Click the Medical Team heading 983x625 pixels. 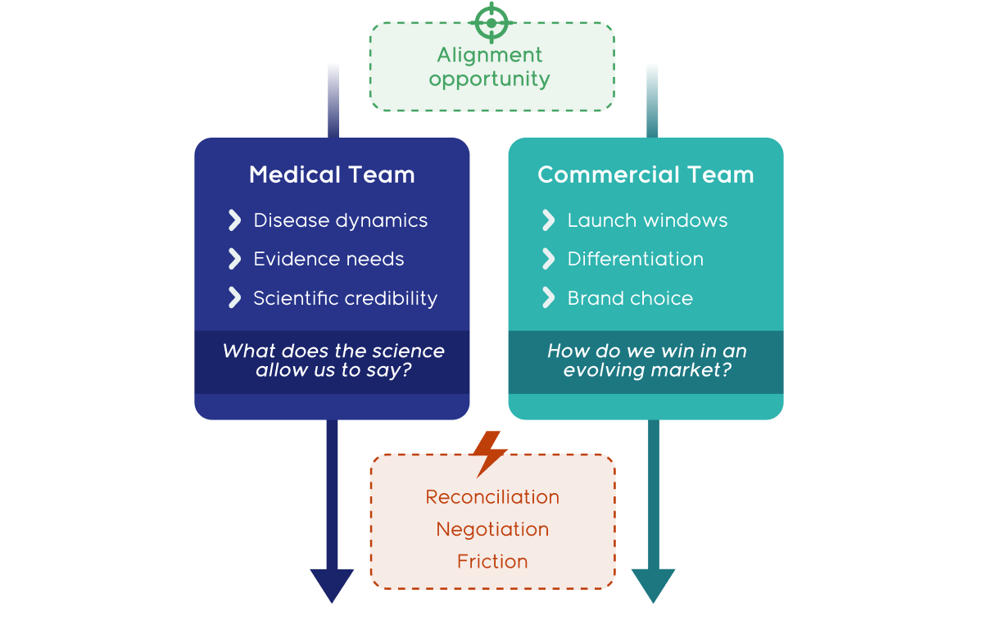click(x=332, y=174)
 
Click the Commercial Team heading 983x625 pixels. click(x=646, y=174)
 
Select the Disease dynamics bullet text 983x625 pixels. click(x=340, y=220)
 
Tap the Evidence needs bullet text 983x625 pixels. click(x=328, y=259)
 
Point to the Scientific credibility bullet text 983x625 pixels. click(x=345, y=298)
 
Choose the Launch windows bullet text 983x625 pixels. click(x=647, y=220)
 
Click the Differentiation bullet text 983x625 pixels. click(x=635, y=259)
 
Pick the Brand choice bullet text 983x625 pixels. click(x=630, y=298)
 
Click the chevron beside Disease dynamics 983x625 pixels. click(x=234, y=220)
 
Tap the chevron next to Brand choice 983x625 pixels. click(x=548, y=297)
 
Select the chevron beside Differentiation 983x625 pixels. click(x=548, y=259)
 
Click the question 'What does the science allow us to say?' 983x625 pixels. click(x=333, y=360)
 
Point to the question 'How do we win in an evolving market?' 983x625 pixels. click(x=646, y=360)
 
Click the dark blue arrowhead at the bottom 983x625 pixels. click(x=332, y=584)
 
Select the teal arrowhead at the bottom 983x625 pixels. click(x=653, y=584)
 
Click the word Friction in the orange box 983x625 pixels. click(x=492, y=561)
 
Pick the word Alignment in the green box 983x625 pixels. click(x=489, y=56)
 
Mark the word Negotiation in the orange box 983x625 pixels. click(x=492, y=529)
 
